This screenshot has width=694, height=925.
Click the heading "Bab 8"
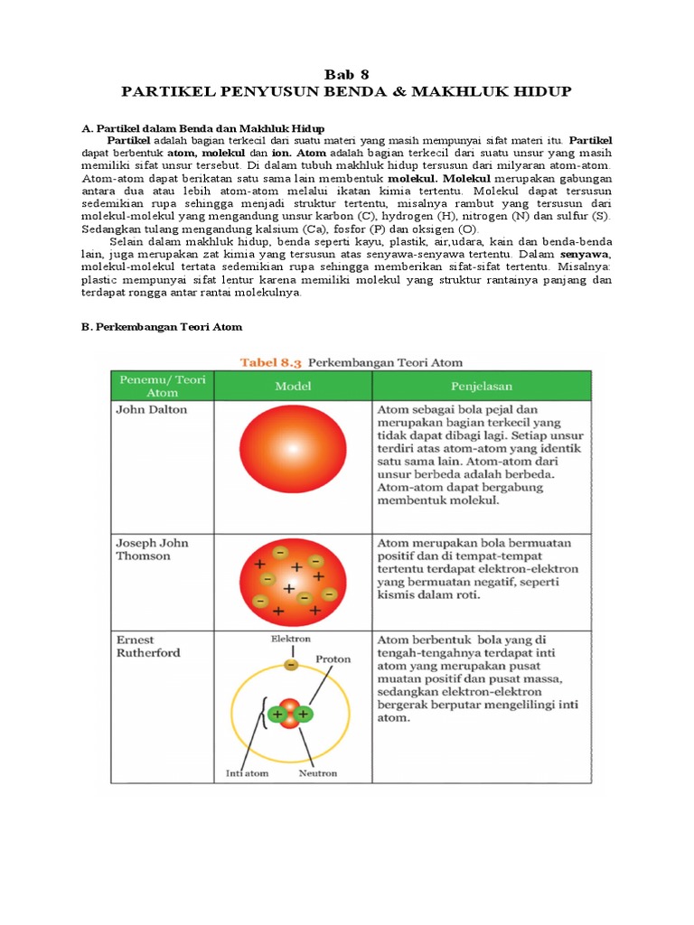(347, 74)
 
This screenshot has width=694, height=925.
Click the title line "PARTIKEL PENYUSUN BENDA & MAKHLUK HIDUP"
(347, 92)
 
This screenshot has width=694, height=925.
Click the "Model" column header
(293, 386)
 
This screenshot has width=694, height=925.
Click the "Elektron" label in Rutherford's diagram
(291, 639)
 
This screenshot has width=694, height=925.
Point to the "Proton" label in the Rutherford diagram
(333, 659)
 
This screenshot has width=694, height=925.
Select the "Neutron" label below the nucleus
(317, 773)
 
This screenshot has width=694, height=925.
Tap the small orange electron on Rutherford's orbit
(291, 665)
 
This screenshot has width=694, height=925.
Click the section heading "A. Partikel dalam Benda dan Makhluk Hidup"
(203, 129)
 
